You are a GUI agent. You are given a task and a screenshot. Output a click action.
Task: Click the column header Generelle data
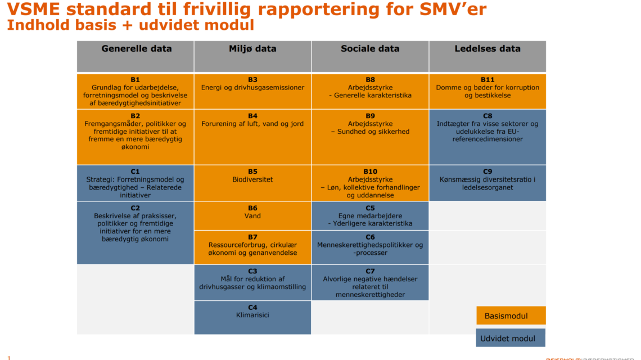pyautogui.click(x=136, y=56)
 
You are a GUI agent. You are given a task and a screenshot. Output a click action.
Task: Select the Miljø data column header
pyautogui.click(x=252, y=56)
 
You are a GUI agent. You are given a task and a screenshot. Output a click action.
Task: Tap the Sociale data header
pyautogui.click(x=370, y=56)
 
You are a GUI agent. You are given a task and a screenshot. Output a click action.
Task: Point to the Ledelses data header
pyautogui.click(x=487, y=56)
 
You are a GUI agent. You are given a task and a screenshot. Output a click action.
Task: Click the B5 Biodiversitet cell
pyautogui.click(x=252, y=183)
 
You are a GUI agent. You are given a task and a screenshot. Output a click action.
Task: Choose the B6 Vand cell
pyautogui.click(x=252, y=215)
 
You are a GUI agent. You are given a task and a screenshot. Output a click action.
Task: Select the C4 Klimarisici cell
pyautogui.click(x=252, y=317)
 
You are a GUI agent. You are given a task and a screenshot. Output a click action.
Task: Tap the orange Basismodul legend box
pyautogui.click(x=511, y=316)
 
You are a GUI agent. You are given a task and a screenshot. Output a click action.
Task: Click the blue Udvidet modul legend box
pyautogui.click(x=511, y=338)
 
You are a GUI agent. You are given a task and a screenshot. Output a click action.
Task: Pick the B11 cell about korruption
pyautogui.click(x=487, y=91)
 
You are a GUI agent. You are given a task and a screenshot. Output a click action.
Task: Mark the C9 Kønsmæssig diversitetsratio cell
pyautogui.click(x=487, y=183)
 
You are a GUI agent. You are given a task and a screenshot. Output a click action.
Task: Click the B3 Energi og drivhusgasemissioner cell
pyautogui.click(x=252, y=91)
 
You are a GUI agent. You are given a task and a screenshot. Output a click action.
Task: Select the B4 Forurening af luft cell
pyautogui.click(x=252, y=137)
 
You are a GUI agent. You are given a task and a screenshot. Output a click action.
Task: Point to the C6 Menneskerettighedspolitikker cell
pyautogui.click(x=370, y=247)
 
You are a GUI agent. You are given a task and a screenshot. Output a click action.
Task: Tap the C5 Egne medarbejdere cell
pyautogui.click(x=370, y=215)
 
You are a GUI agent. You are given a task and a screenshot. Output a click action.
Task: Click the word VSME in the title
pyautogui.click(x=34, y=9)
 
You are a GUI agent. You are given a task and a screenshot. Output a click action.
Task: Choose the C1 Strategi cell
pyautogui.click(x=136, y=183)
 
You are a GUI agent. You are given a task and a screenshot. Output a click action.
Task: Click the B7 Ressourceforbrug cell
pyautogui.click(x=252, y=247)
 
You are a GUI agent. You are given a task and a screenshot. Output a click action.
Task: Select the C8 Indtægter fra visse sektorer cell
pyautogui.click(x=487, y=137)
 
